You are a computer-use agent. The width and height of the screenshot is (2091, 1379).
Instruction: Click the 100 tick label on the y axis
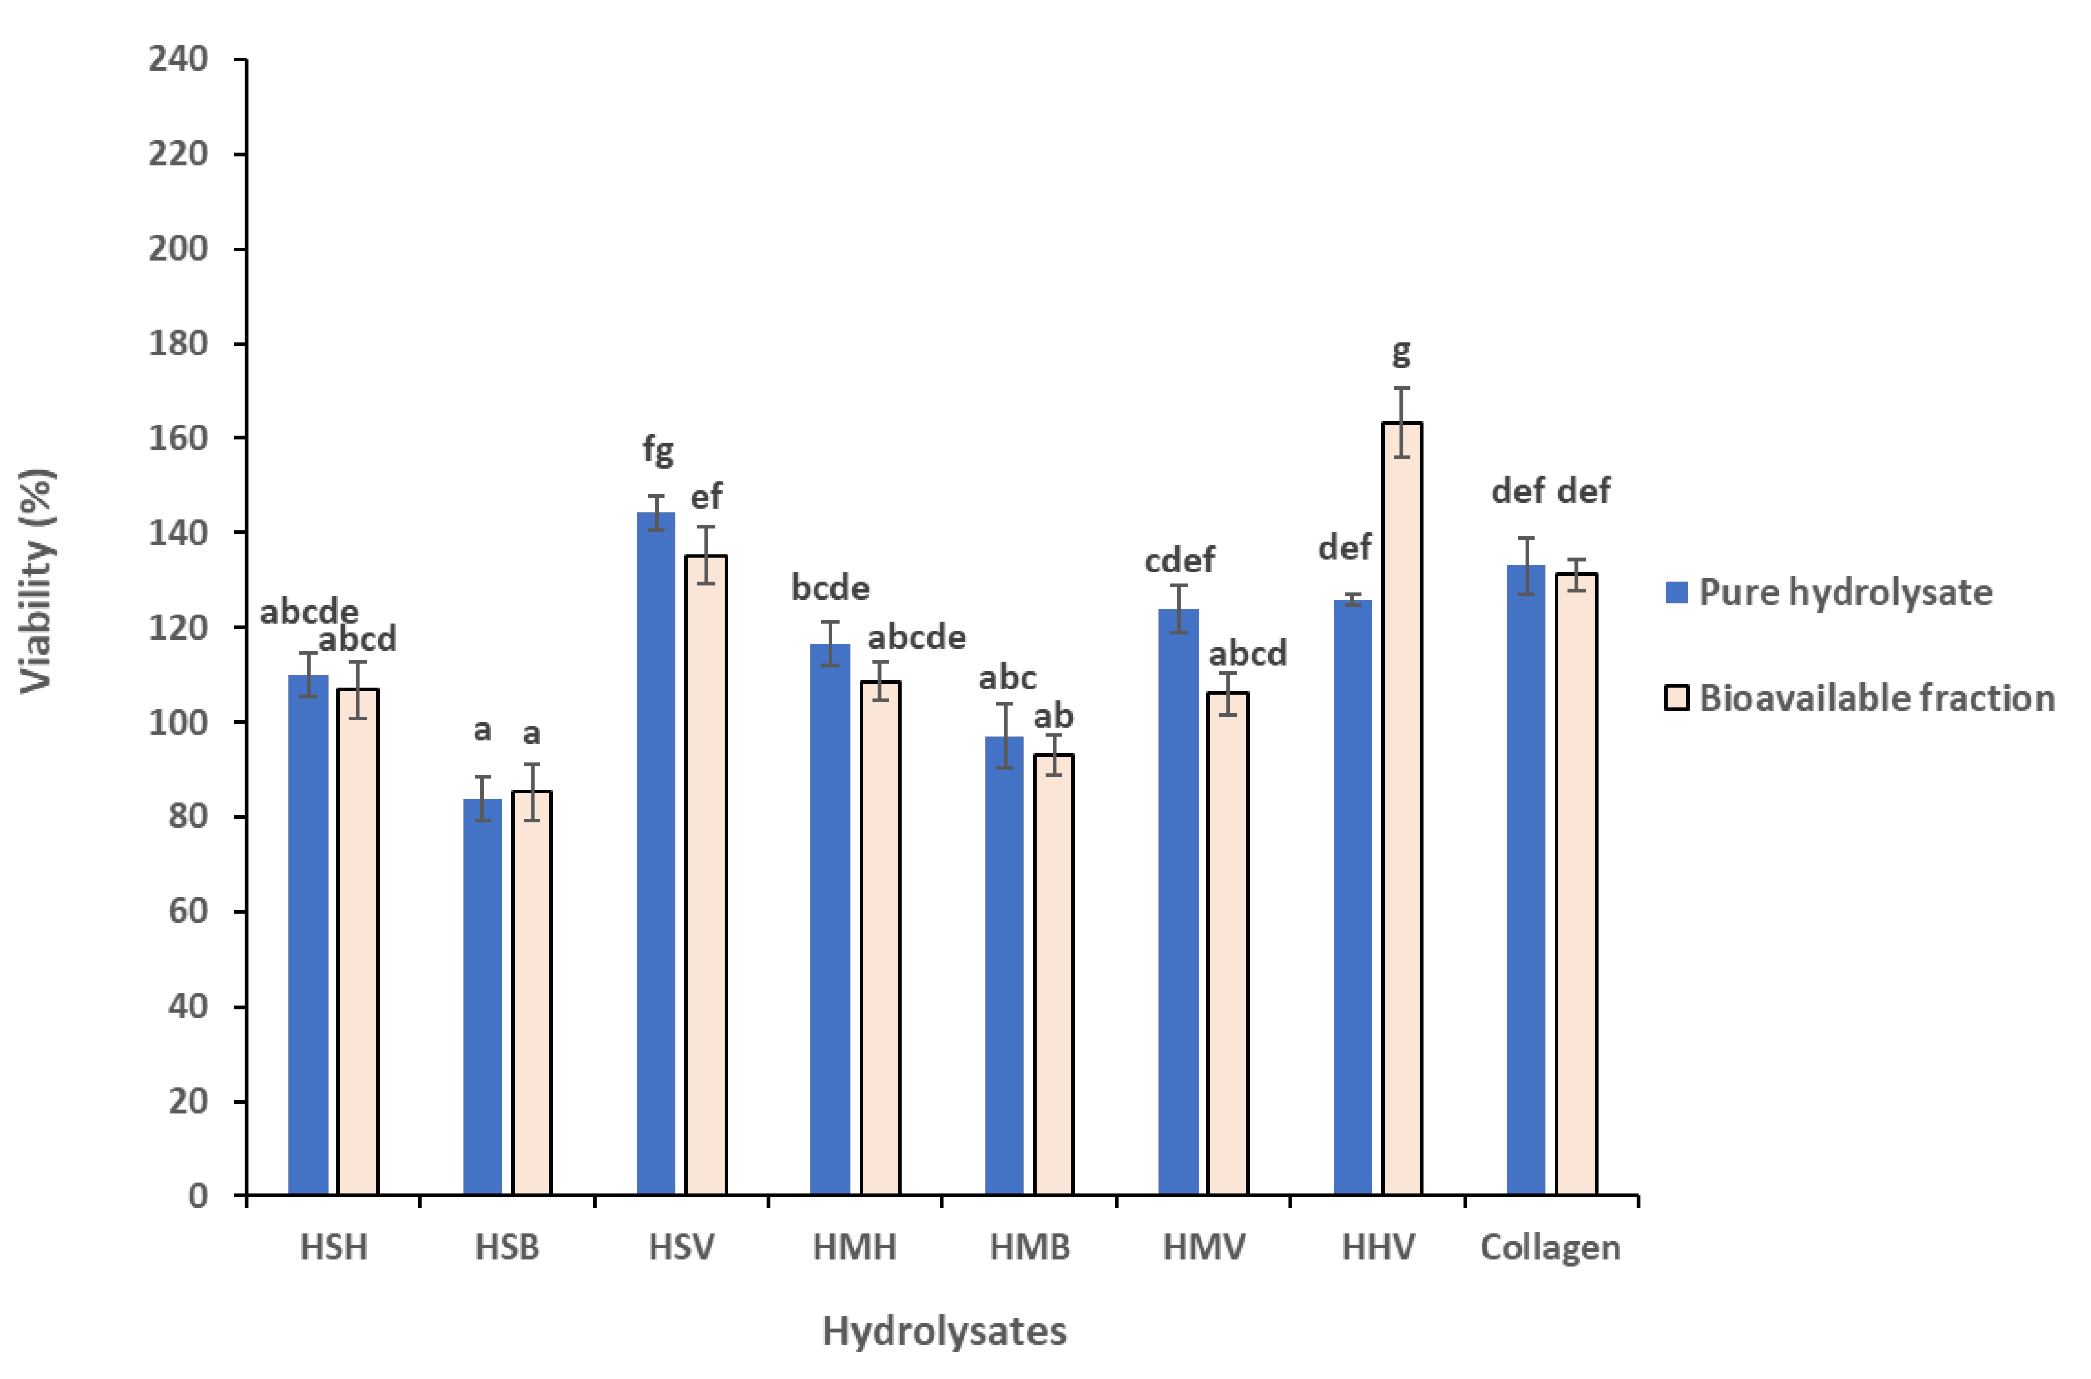[178, 723]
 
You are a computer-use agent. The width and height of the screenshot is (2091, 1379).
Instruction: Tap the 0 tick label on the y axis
[198, 1196]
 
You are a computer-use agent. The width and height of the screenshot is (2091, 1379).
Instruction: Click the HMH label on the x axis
[854, 1247]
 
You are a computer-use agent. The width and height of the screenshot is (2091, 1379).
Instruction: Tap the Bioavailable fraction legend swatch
[1676, 698]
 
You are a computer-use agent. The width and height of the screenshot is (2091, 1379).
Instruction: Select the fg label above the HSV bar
[658, 449]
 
